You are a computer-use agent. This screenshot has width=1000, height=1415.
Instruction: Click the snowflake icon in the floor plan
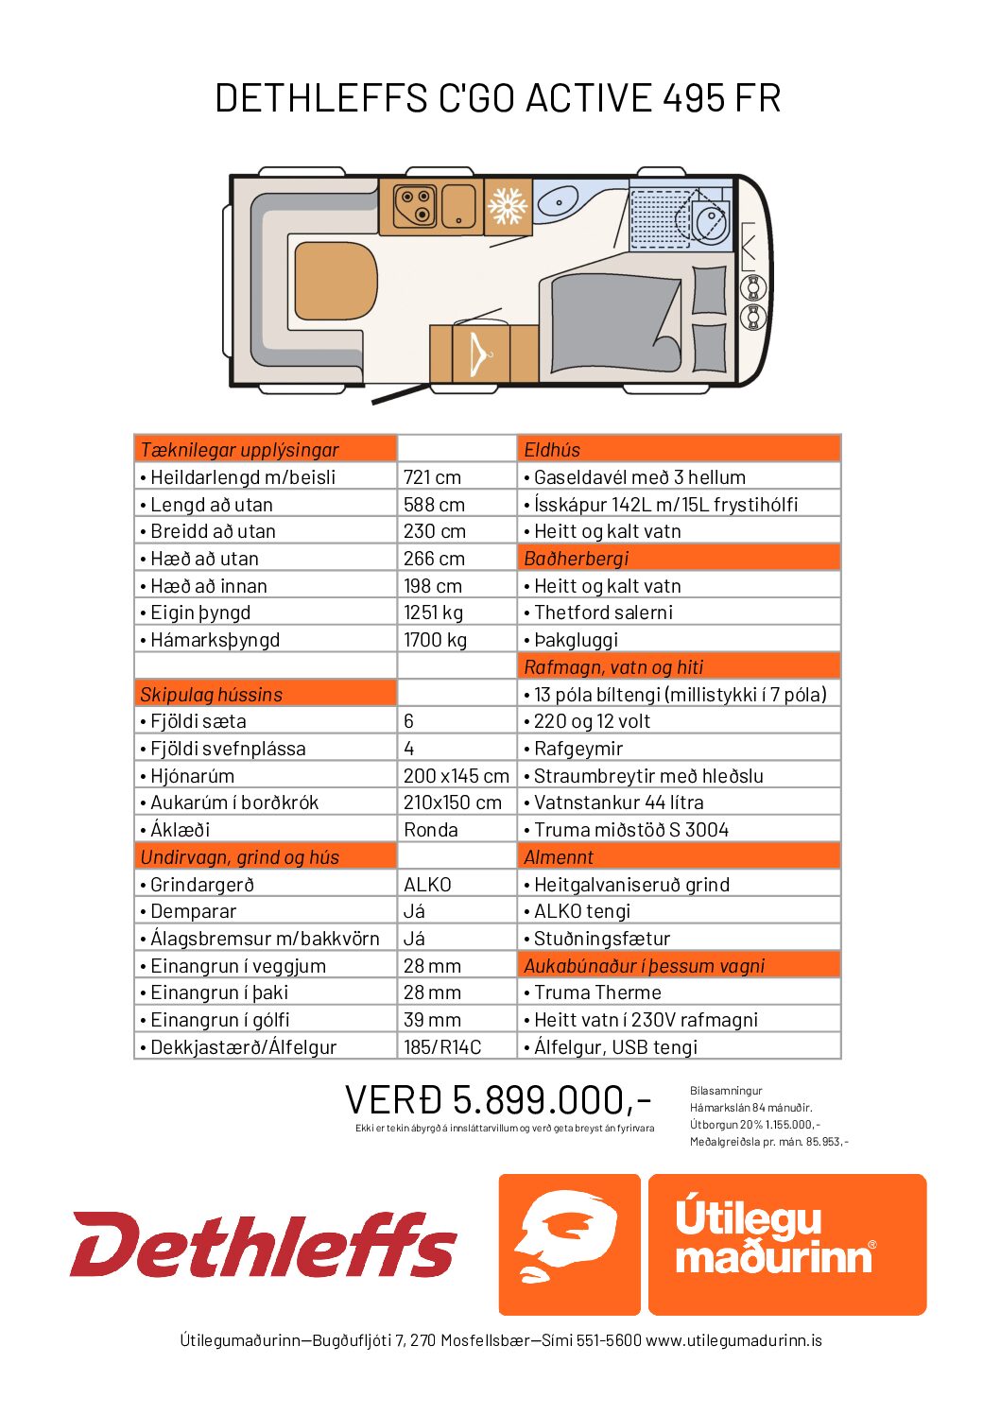pyautogui.click(x=508, y=206)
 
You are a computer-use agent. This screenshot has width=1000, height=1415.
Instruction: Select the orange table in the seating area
pyautogui.click(x=336, y=281)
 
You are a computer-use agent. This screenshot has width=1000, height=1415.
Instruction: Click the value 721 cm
pyautogui.click(x=432, y=477)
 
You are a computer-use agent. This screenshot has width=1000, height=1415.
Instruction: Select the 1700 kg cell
pyautogui.click(x=435, y=640)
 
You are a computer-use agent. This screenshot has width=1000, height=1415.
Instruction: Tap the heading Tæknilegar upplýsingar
pyautogui.click(x=239, y=450)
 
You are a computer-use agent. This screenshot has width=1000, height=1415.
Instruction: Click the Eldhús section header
pyautogui.click(x=552, y=450)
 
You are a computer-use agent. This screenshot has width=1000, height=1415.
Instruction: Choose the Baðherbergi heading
pyautogui.click(x=576, y=559)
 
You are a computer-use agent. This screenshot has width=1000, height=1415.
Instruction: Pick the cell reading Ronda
pyautogui.click(x=430, y=830)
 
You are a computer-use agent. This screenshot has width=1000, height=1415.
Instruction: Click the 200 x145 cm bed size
pyautogui.click(x=456, y=776)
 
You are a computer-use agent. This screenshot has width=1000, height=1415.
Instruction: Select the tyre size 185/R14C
pyautogui.click(x=442, y=1047)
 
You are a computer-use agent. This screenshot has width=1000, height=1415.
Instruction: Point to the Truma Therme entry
pyautogui.click(x=597, y=992)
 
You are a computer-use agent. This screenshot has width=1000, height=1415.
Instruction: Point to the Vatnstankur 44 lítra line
pyautogui.click(x=618, y=802)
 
